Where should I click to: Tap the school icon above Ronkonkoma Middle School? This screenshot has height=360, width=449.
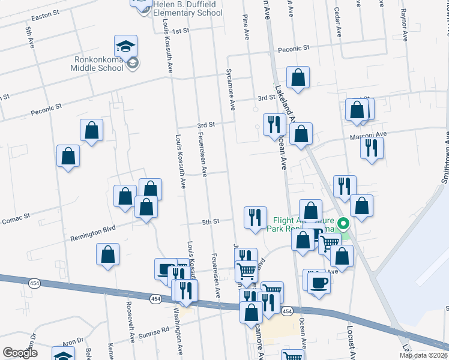(x=126, y=46)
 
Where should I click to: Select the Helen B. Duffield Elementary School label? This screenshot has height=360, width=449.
(x=188, y=8)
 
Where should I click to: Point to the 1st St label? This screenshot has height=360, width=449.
(x=180, y=31)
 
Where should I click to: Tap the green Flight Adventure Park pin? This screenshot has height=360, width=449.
(x=343, y=225)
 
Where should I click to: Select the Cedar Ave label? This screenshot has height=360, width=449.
(x=338, y=24)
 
